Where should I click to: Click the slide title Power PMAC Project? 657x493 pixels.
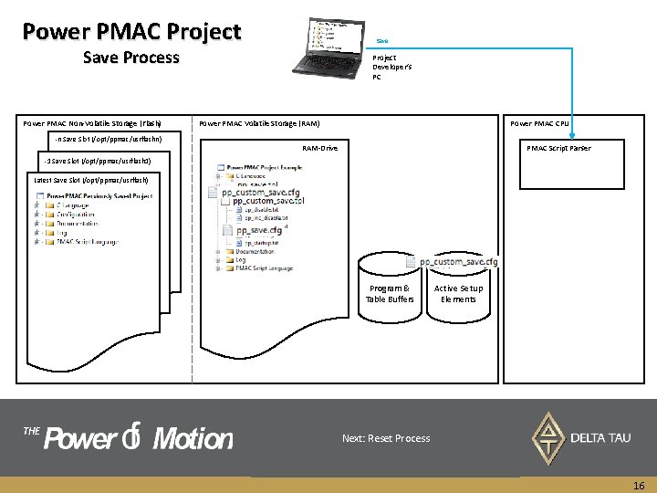point(131,32)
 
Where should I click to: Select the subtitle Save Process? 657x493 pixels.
point(131,58)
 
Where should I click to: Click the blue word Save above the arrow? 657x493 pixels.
point(382,40)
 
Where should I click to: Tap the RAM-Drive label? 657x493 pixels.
point(319,148)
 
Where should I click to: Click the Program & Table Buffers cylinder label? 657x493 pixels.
point(389,293)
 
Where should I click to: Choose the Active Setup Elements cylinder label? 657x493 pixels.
point(458,293)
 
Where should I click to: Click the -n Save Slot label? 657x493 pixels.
point(108,139)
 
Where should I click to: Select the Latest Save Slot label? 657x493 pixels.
point(84,180)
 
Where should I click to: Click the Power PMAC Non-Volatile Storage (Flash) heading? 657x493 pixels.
point(92,123)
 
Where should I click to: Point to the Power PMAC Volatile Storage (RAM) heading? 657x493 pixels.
point(259,123)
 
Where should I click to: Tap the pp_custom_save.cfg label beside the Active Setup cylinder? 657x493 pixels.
point(459,262)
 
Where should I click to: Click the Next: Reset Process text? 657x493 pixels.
point(386,438)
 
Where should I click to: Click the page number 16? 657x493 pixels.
point(639,487)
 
